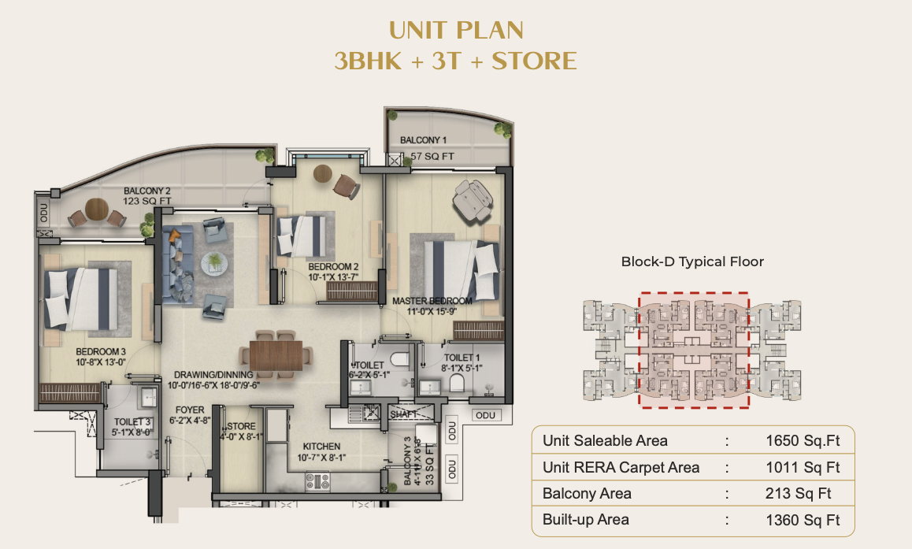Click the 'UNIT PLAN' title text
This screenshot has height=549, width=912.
pyautogui.click(x=456, y=31)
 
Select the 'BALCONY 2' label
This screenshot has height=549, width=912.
pyautogui.click(x=146, y=191)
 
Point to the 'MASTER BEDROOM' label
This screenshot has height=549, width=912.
pyautogui.click(x=432, y=301)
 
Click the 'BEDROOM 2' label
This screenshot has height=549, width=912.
pyautogui.click(x=333, y=267)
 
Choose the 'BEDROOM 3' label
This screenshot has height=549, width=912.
pyautogui.click(x=101, y=351)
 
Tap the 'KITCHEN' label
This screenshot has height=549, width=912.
pyautogui.click(x=319, y=447)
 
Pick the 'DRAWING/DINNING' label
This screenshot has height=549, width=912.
pyautogui.click(x=210, y=375)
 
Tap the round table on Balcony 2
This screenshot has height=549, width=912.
pyautogui.click(x=96, y=209)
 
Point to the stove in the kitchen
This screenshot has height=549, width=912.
pyautogui.click(x=317, y=480)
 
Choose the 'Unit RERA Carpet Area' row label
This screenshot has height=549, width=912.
pyautogui.click(x=621, y=467)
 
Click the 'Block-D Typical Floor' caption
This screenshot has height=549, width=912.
pyautogui.click(x=692, y=262)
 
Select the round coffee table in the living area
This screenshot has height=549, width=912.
pyautogui.click(x=212, y=262)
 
